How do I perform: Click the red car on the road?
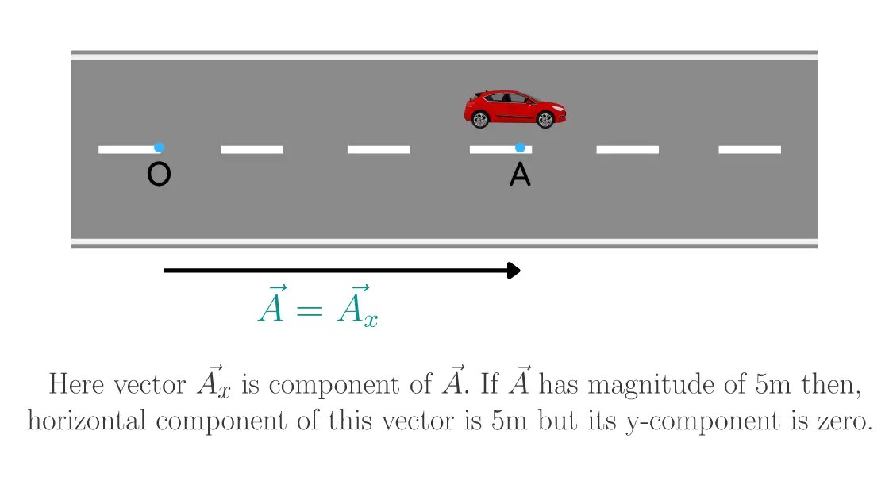pos(514,109)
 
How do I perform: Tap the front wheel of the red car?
pos(545,120)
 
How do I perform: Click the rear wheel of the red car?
pos(479,120)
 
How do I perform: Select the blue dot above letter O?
pos(159,148)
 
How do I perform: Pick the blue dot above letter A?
pos(520,148)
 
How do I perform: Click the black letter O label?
pos(159,175)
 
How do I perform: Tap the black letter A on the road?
pos(520,175)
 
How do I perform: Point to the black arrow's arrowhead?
pos(514,271)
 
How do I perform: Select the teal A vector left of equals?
pos(271,306)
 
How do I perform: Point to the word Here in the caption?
pos(75,384)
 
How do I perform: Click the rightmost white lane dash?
pos(749,149)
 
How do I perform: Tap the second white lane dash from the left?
pos(252,149)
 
